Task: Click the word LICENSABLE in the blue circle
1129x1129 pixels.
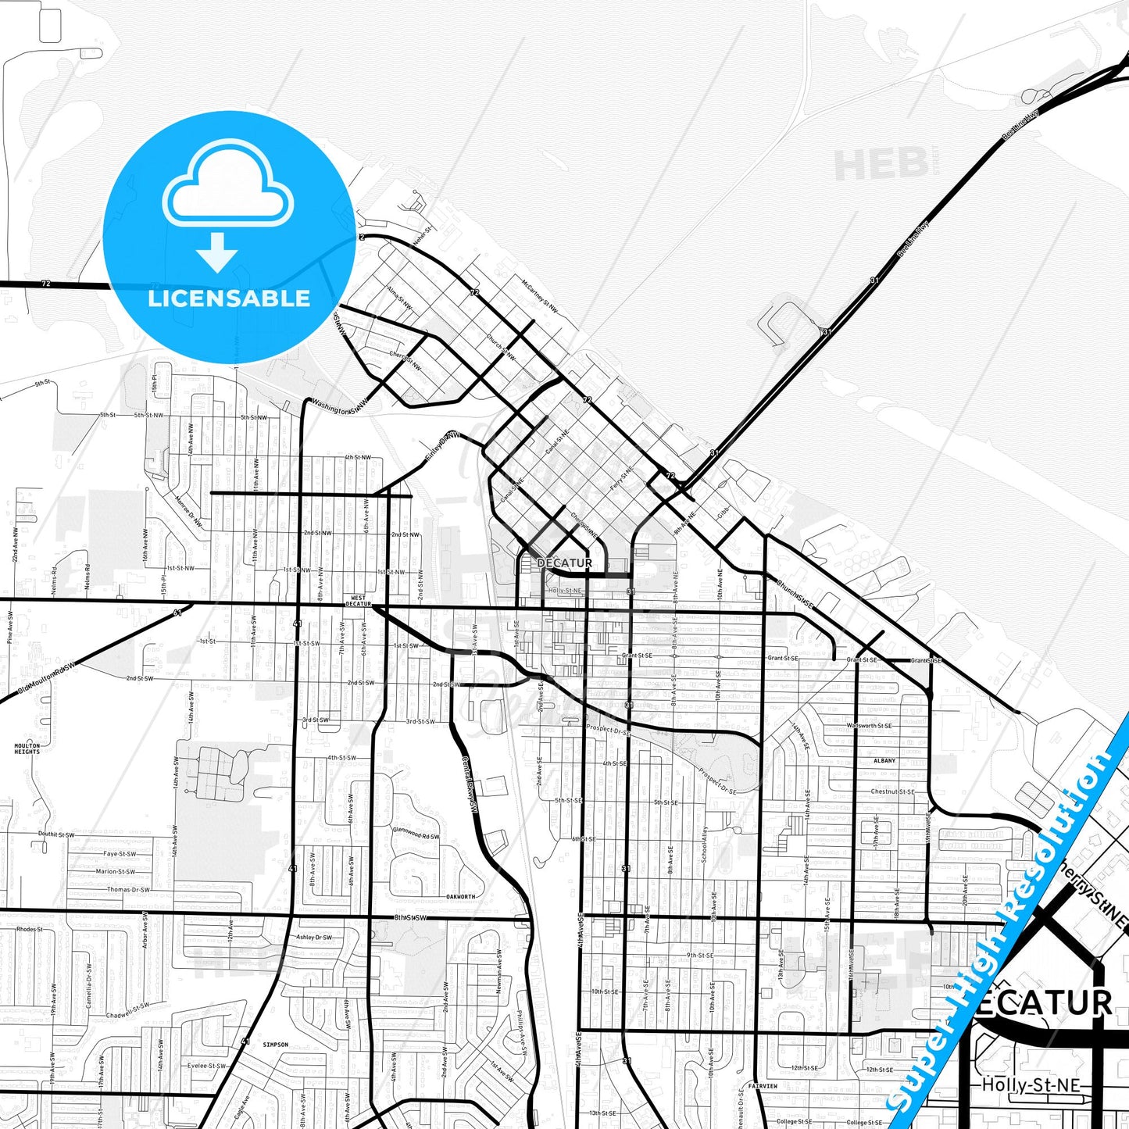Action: coord(229,298)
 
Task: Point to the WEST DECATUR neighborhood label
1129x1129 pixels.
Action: coord(358,601)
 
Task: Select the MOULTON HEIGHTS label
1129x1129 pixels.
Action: coord(27,748)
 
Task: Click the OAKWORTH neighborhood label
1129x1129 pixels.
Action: coord(460,896)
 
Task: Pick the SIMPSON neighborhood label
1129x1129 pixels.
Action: coord(275,1045)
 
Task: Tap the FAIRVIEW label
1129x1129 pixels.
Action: coord(762,1086)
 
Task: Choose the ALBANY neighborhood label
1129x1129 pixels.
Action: coord(884,760)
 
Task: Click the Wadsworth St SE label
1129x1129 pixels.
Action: coord(869,726)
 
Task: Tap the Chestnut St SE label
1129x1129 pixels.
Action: coord(892,791)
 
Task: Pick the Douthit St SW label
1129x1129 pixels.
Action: coord(56,834)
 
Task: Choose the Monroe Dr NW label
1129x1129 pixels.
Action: coord(188,512)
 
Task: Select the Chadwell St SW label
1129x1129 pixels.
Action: coord(127,1011)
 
